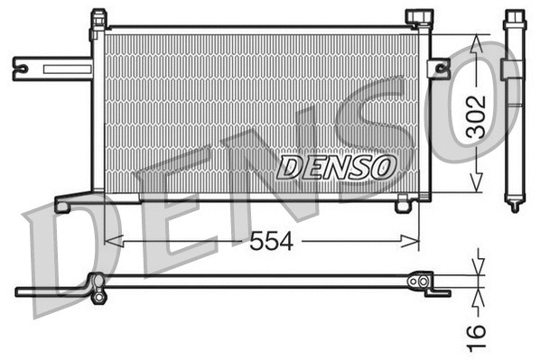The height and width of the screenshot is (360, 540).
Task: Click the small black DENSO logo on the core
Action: click(336, 166)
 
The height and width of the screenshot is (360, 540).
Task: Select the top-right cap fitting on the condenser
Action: click(418, 17)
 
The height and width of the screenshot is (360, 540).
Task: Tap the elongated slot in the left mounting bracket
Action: click(61, 66)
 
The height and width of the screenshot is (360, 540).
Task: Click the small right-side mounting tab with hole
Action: click(440, 68)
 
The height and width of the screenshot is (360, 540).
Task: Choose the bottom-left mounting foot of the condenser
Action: click(62, 205)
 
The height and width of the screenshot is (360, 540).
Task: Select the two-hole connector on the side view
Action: click(418, 282)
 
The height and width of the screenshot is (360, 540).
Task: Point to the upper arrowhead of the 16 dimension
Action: click(478, 269)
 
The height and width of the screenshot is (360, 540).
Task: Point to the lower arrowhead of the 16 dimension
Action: click(478, 294)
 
